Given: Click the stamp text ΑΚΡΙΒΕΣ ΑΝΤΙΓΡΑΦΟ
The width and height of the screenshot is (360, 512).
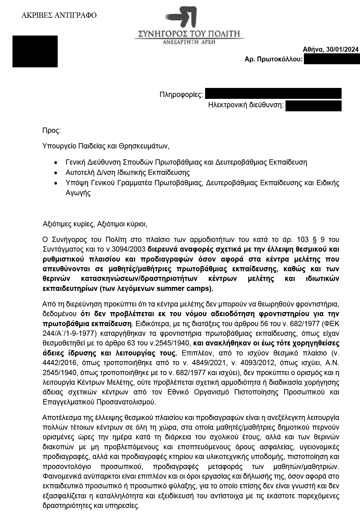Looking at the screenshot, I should point(59,15).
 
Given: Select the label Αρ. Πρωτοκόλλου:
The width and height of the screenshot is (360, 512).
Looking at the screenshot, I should point(273,59).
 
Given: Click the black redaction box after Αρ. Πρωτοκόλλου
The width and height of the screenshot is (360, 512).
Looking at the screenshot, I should point(332,59).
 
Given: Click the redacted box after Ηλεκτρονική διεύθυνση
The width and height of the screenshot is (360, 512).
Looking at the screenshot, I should point(313,105).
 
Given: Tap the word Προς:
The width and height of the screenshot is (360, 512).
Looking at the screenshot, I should point(51,130).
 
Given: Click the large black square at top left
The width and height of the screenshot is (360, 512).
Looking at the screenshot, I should point(35,51).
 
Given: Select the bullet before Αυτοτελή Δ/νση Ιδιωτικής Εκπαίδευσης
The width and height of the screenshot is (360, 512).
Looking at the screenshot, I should point(55,173).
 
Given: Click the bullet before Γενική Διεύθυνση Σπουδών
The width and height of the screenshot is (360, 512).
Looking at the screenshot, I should point(55,163).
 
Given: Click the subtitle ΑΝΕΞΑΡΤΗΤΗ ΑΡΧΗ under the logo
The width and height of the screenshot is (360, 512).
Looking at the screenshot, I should point(189,42).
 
